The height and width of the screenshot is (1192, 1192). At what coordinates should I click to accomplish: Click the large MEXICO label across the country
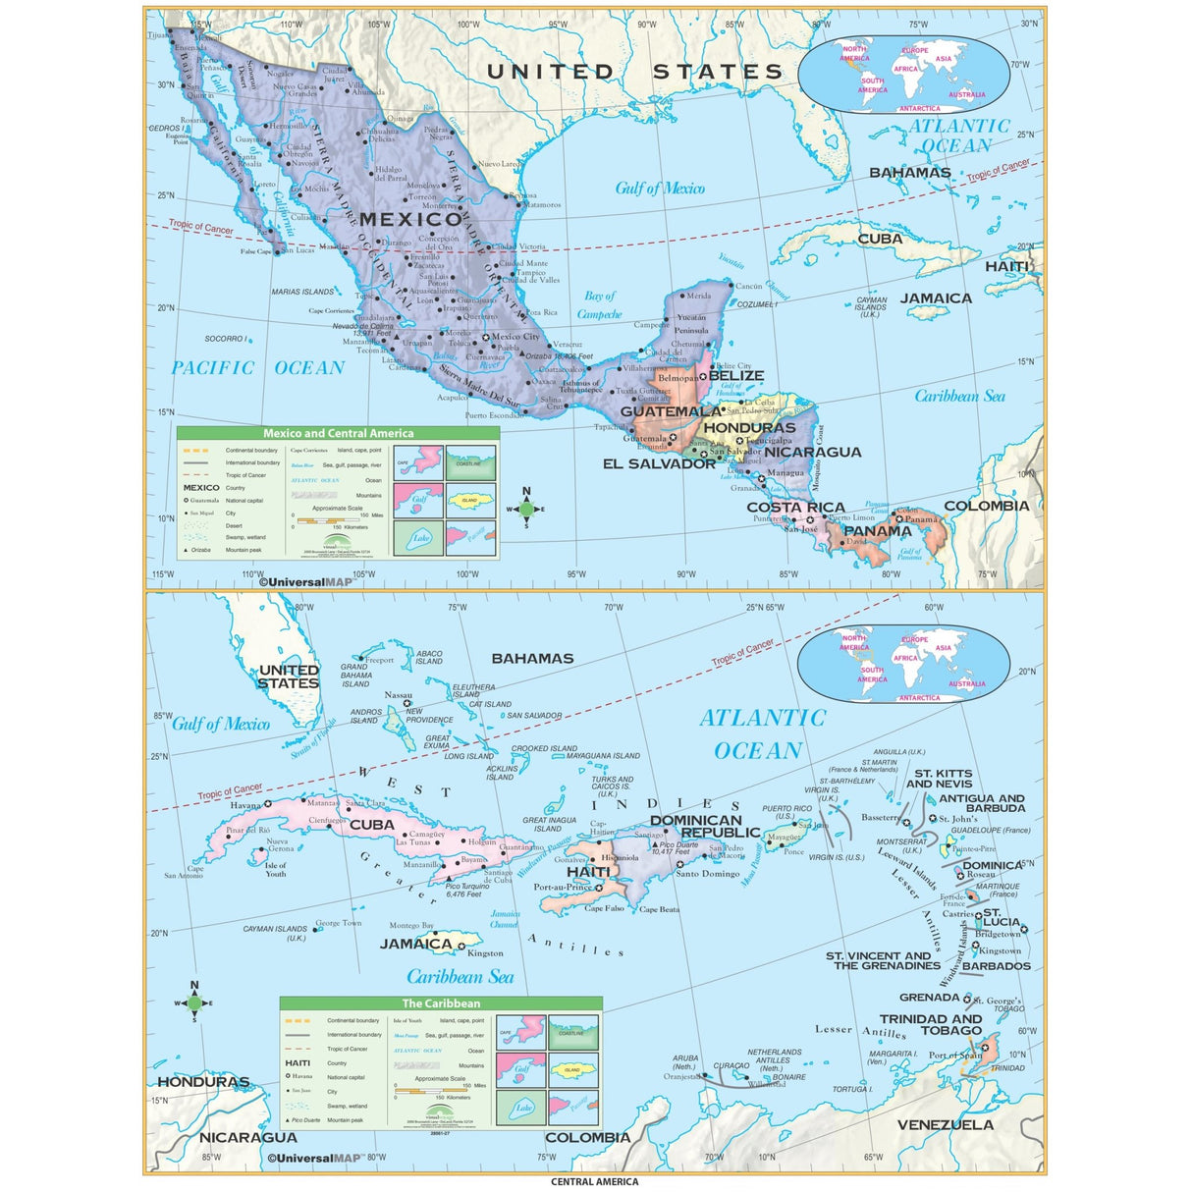tap(409, 219)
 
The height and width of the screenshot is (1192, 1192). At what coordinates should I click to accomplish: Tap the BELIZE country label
tap(735, 375)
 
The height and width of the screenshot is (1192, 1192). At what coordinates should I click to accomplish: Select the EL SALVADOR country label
tap(659, 463)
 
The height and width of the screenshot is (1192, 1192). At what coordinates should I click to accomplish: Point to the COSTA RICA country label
tap(795, 508)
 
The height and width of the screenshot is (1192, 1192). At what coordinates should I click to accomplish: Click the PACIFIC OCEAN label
tap(257, 368)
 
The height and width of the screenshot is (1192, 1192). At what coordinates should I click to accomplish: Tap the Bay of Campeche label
tap(600, 305)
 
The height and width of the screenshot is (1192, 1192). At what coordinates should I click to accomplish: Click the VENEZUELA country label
tap(945, 1124)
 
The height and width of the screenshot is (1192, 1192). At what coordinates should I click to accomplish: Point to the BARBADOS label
tap(996, 966)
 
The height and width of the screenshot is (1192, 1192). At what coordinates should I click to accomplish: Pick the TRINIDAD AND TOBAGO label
tap(930, 1025)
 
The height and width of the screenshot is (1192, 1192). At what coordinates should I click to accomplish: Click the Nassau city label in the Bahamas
tap(398, 695)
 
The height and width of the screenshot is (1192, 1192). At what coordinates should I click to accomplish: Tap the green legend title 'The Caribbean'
tap(441, 1003)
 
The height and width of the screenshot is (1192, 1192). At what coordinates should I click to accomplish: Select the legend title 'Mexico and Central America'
tap(338, 433)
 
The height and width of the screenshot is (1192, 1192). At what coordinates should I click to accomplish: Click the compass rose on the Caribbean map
tap(194, 1002)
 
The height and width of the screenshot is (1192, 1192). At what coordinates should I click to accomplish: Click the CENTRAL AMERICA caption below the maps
tap(594, 1182)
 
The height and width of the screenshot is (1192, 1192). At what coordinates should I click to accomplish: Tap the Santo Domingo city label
tap(707, 874)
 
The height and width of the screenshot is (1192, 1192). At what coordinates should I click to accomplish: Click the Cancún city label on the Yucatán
tap(748, 287)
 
